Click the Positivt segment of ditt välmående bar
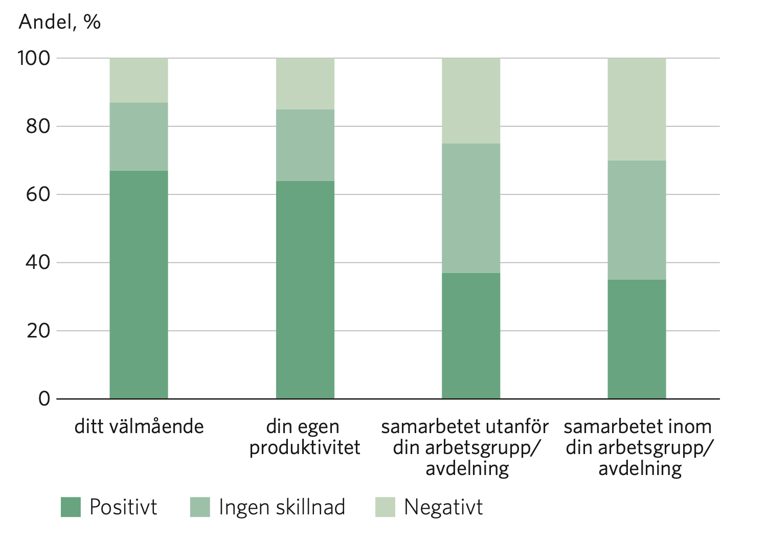139,284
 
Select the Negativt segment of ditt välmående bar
139,80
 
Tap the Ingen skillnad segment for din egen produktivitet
305,145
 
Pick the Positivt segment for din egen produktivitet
305,289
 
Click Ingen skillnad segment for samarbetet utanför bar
470,208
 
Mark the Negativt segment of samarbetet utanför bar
470,101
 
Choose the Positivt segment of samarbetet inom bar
637,338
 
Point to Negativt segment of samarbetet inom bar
637,109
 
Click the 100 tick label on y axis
34,58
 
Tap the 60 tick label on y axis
38,194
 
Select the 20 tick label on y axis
38,331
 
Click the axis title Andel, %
59,22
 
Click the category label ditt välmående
139,426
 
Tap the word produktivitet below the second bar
305,447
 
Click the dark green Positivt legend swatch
71,507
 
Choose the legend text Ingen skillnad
282,507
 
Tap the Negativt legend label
443,507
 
